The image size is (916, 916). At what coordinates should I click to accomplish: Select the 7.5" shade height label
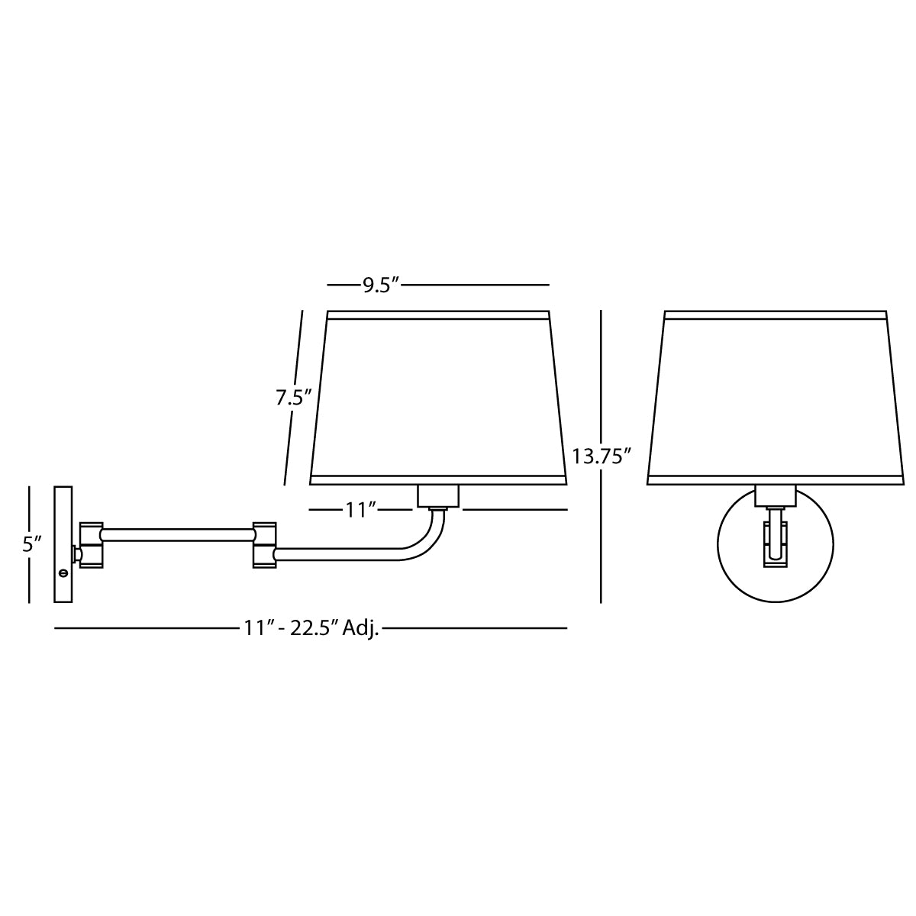[294, 398]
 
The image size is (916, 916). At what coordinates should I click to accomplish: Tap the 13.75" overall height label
[601, 456]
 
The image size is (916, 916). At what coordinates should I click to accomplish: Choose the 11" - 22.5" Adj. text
[311, 628]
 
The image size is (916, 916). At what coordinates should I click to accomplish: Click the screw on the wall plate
[63, 572]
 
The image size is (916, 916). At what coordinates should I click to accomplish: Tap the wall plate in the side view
[63, 544]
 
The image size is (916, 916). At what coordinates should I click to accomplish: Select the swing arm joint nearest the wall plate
[92, 545]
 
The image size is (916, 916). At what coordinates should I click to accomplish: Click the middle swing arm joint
[264, 545]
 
